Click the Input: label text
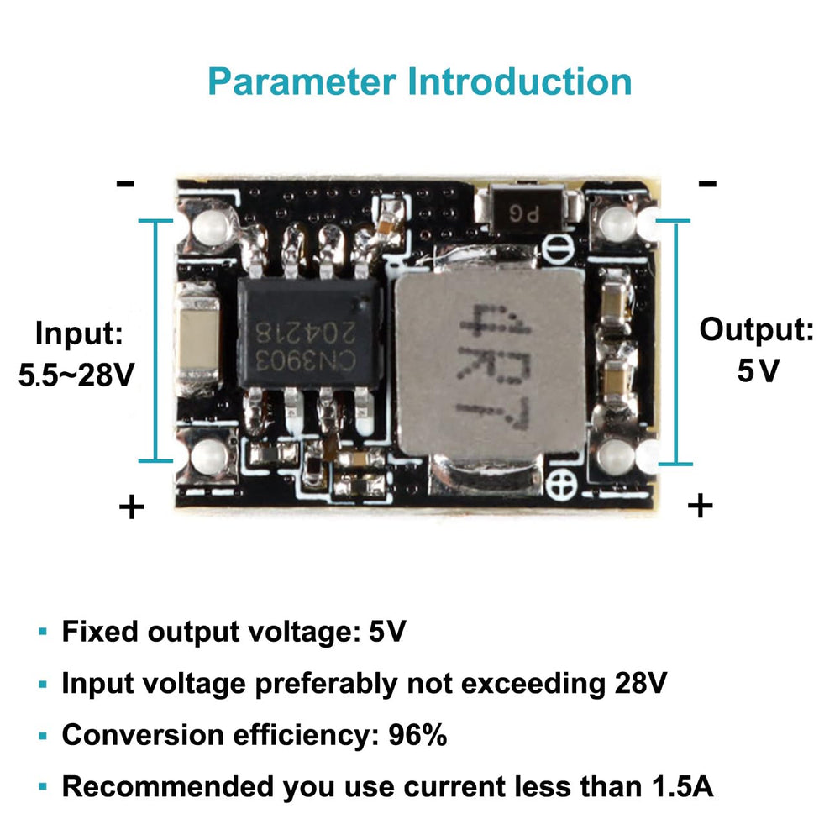click(x=79, y=333)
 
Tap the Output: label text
click(x=757, y=330)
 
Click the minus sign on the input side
click(x=126, y=183)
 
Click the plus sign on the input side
click(x=131, y=507)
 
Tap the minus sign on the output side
click(x=707, y=183)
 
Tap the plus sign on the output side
click(x=700, y=506)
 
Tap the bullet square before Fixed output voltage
click(x=43, y=633)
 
